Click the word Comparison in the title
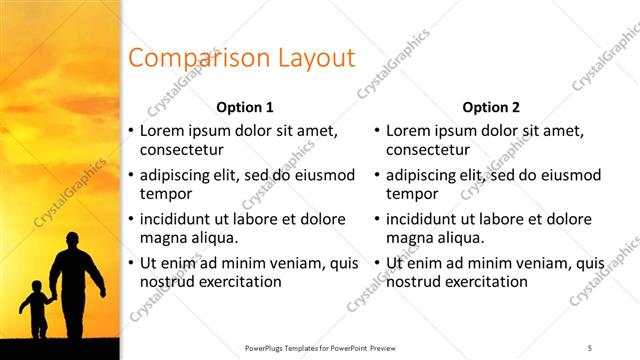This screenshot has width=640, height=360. tap(186, 58)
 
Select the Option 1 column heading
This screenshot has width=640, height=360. tap(245, 107)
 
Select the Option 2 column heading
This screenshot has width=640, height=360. tap(491, 107)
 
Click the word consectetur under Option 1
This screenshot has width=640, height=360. tap(180, 149)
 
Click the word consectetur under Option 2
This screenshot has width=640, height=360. tap(426, 149)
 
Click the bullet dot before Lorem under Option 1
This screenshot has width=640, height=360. tap(131, 131)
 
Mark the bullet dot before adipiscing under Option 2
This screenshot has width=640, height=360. tap(377, 176)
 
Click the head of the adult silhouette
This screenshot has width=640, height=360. tap(72, 241)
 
